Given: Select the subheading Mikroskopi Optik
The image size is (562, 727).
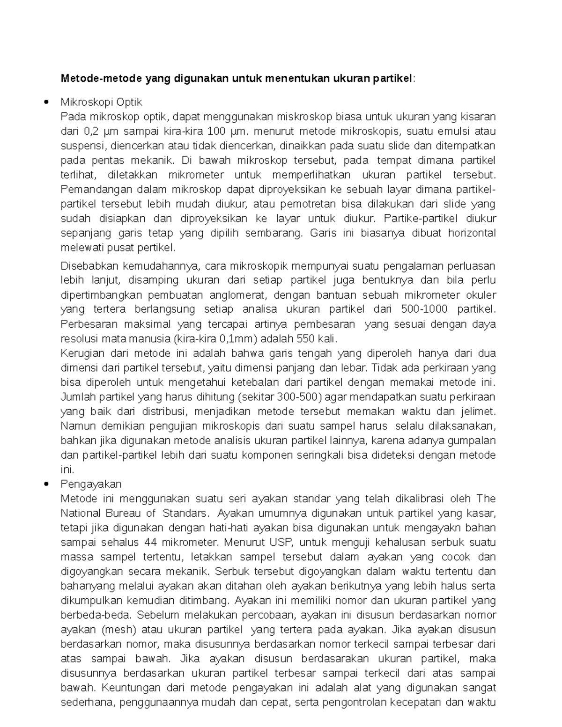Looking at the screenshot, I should (101, 102).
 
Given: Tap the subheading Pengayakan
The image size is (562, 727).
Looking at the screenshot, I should (91, 484).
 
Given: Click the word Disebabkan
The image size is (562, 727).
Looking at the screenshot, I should (89, 266).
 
